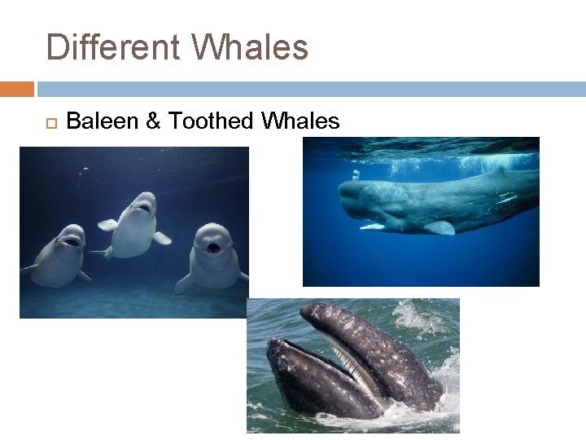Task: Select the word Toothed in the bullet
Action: (211, 121)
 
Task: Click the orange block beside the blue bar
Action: (17, 88)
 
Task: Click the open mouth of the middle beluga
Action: (143, 208)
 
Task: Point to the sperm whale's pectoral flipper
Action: (439, 227)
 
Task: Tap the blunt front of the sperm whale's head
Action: (346, 199)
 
